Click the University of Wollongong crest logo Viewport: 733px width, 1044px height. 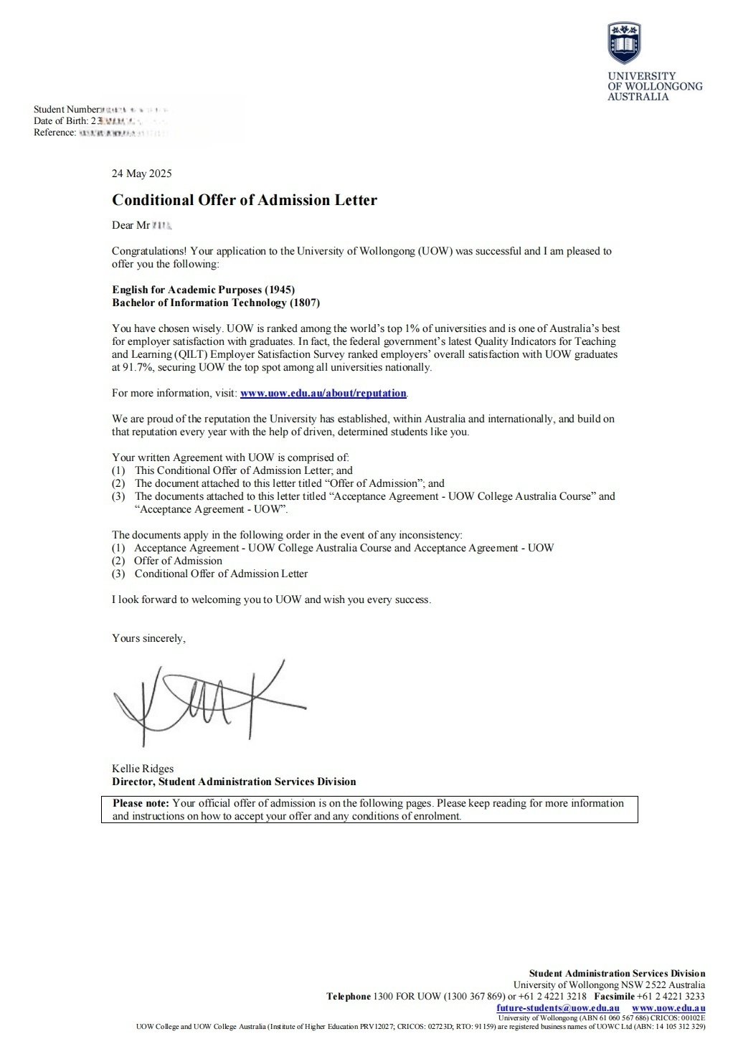click(x=624, y=43)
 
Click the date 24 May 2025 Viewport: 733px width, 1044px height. click(x=142, y=174)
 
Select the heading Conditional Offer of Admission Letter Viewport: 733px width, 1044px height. click(x=245, y=200)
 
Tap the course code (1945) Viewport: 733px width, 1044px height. click(x=280, y=290)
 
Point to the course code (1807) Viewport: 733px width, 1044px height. click(x=304, y=303)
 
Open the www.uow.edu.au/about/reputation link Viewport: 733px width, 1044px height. click(x=323, y=393)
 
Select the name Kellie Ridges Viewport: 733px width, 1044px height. click(x=143, y=769)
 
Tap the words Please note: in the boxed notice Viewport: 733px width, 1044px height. click(x=141, y=803)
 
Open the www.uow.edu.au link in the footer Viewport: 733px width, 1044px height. click(x=668, y=1007)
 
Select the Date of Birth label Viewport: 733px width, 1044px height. click(x=60, y=120)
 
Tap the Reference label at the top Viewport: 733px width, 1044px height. click(x=54, y=132)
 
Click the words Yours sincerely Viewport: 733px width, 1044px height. click(x=148, y=638)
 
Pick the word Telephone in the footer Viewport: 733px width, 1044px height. click(x=349, y=996)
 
